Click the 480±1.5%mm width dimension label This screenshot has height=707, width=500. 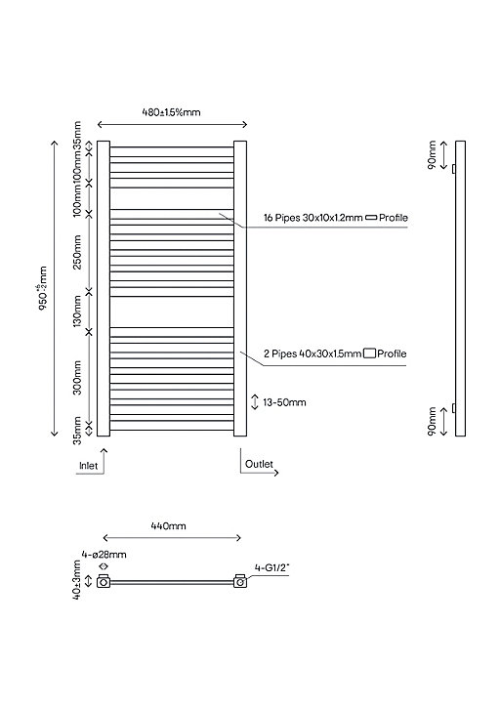[x=171, y=112]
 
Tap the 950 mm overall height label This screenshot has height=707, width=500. [x=43, y=289]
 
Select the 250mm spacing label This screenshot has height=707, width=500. [x=77, y=252]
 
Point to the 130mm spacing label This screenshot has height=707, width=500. [x=77, y=312]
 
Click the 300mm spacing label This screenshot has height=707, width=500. [x=77, y=377]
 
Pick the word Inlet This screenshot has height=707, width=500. [x=88, y=466]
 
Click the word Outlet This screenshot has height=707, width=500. [x=259, y=464]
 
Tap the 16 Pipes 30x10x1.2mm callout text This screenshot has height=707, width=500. [x=312, y=218]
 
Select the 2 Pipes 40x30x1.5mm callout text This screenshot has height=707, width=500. [x=312, y=353]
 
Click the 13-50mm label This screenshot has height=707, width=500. [x=284, y=402]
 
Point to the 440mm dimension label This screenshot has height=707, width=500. [x=168, y=525]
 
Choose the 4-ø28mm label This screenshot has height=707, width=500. [x=104, y=555]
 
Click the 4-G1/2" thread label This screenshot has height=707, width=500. [x=271, y=568]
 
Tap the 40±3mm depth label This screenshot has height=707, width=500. [x=77, y=580]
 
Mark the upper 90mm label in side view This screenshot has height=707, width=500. [x=432, y=155]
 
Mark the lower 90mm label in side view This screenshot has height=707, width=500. [x=432, y=422]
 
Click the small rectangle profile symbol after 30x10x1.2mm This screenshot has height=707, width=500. [x=371, y=218]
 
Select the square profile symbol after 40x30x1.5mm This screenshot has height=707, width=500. [x=369, y=353]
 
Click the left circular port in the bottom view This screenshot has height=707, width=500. [x=104, y=583]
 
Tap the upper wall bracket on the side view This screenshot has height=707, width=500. [x=453, y=169]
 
